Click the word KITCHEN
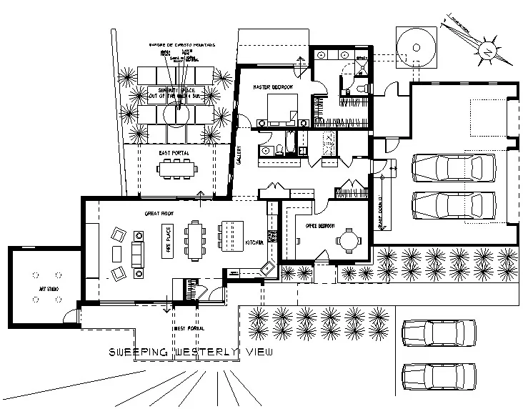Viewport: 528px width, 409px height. [x=255, y=244]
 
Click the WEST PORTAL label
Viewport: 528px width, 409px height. [x=186, y=328]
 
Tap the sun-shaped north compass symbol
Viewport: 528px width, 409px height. [x=486, y=50]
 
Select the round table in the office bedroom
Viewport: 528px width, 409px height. [x=348, y=240]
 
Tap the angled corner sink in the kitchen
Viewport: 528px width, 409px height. [x=267, y=268]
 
